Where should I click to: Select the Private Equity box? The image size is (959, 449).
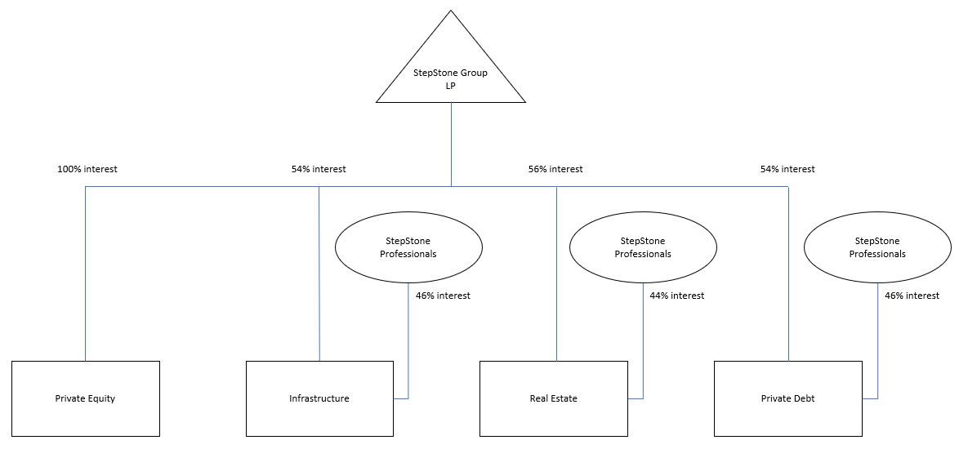tap(86, 398)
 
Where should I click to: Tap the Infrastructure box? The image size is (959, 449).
tap(319, 398)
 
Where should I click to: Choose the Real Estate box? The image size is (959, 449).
tap(553, 398)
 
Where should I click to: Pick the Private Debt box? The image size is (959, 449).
tap(787, 398)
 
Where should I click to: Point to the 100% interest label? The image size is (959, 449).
tap(87, 169)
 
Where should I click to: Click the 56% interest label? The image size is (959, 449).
tap(555, 169)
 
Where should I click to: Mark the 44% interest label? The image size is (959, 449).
tap(677, 296)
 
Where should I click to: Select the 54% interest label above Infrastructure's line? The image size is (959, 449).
tap(319, 169)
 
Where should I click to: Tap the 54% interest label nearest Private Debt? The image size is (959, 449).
tap(787, 169)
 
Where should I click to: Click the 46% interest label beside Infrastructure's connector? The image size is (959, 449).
tap(443, 296)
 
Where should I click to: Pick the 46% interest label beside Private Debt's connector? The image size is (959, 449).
tap(912, 296)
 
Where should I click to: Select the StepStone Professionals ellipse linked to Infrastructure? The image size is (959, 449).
tap(408, 247)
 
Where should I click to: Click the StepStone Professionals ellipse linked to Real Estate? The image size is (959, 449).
tap(643, 247)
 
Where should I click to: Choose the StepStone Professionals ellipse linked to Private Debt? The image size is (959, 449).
tap(877, 247)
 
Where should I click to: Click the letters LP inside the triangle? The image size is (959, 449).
tap(451, 85)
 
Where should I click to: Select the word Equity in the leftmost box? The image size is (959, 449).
tap(100, 398)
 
